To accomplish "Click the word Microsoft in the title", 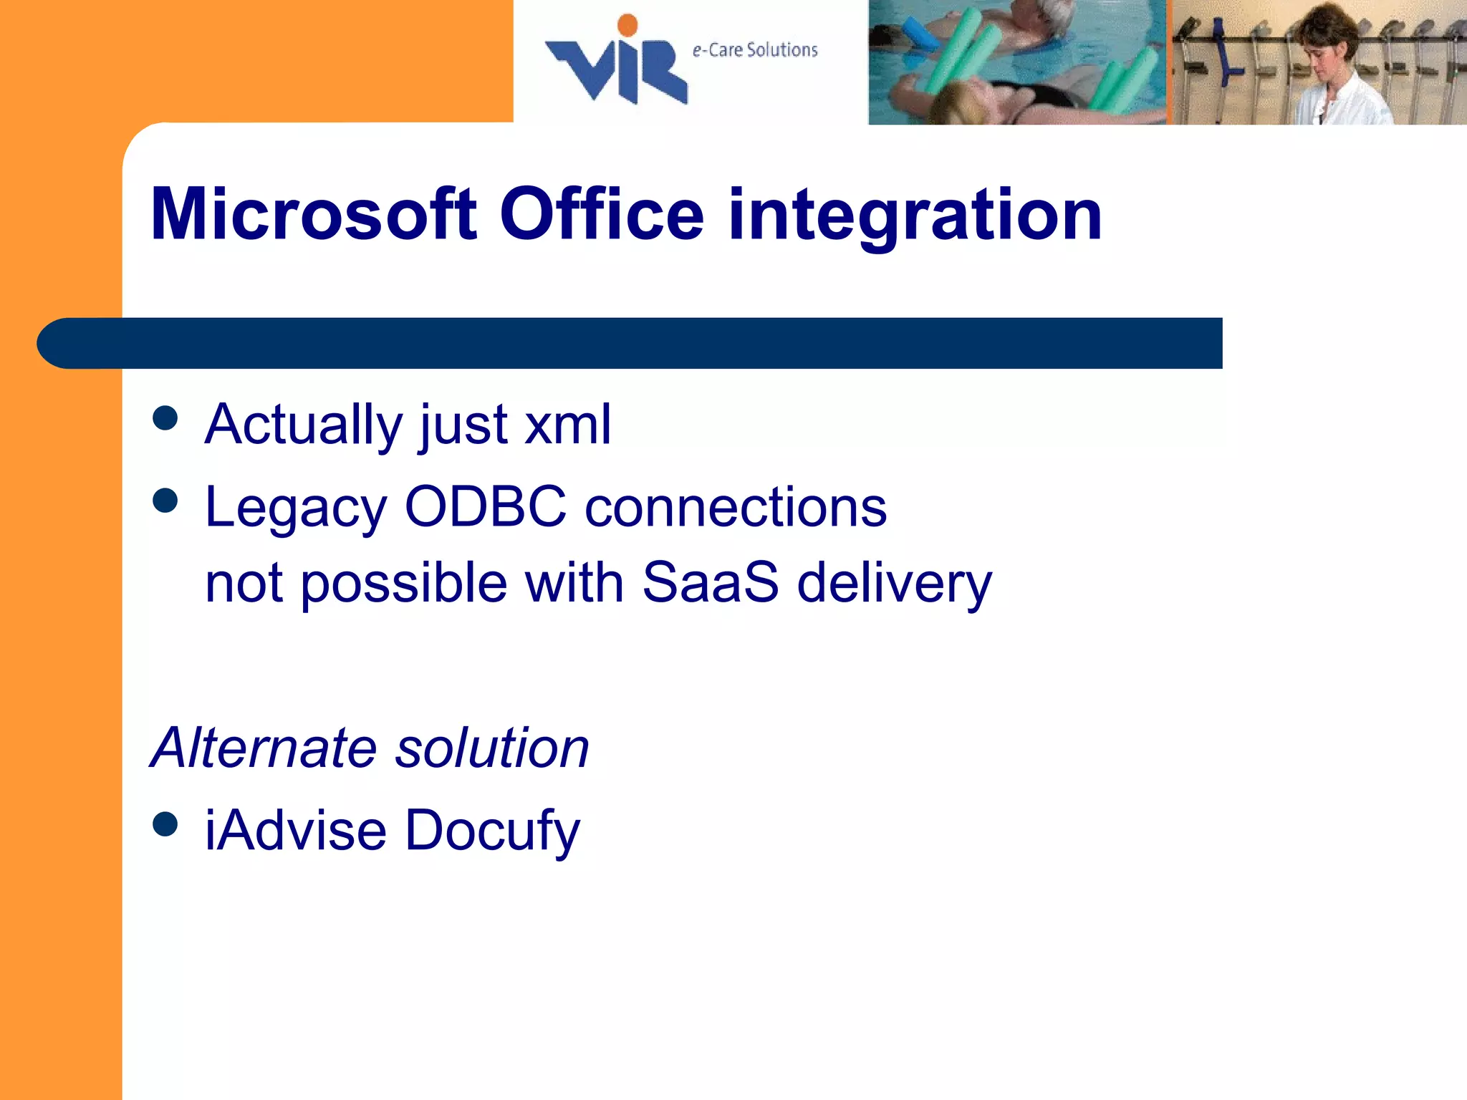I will [x=314, y=214].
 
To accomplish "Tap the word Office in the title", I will [x=602, y=214].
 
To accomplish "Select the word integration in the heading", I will [x=915, y=214].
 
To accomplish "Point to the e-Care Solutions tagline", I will [x=754, y=50].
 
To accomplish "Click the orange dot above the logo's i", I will [x=627, y=25].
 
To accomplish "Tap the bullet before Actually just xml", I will [x=165, y=418].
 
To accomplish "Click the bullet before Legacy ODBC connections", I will [x=165, y=501].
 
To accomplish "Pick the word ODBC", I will [x=486, y=506].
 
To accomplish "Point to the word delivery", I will [x=895, y=584].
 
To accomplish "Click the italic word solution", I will [x=492, y=748].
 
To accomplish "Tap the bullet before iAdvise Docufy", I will [x=165, y=824].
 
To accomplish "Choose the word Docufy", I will [x=493, y=831].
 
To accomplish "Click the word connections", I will [x=736, y=506].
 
